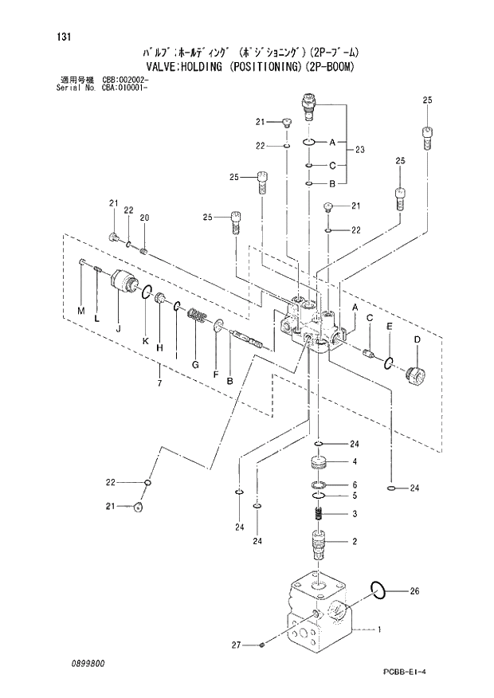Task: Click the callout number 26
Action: (414, 591)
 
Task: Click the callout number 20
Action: (144, 218)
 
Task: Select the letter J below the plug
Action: (117, 327)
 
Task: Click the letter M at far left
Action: (80, 310)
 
